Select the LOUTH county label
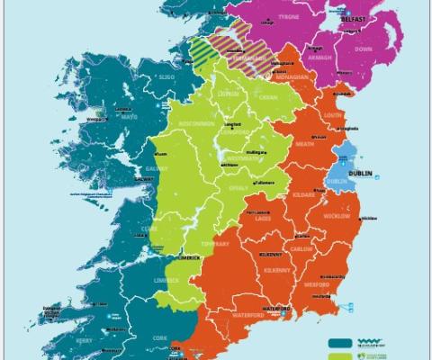[x=330, y=115]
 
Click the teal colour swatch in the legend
[x=340, y=342]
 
